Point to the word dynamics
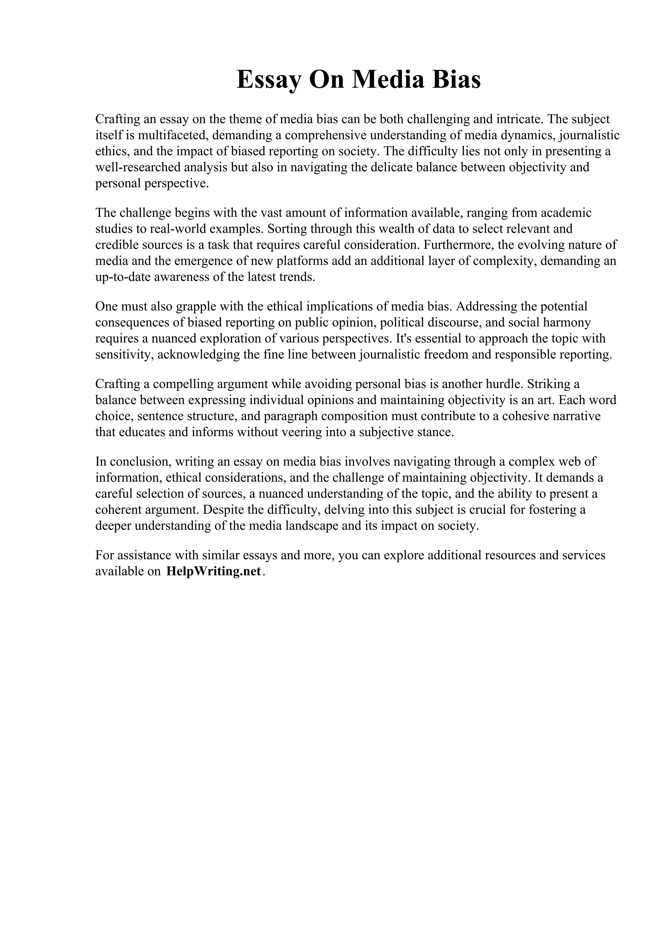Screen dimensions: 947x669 pyautogui.click(x=527, y=135)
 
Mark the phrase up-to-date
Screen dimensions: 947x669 pyautogui.click(x=123, y=277)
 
